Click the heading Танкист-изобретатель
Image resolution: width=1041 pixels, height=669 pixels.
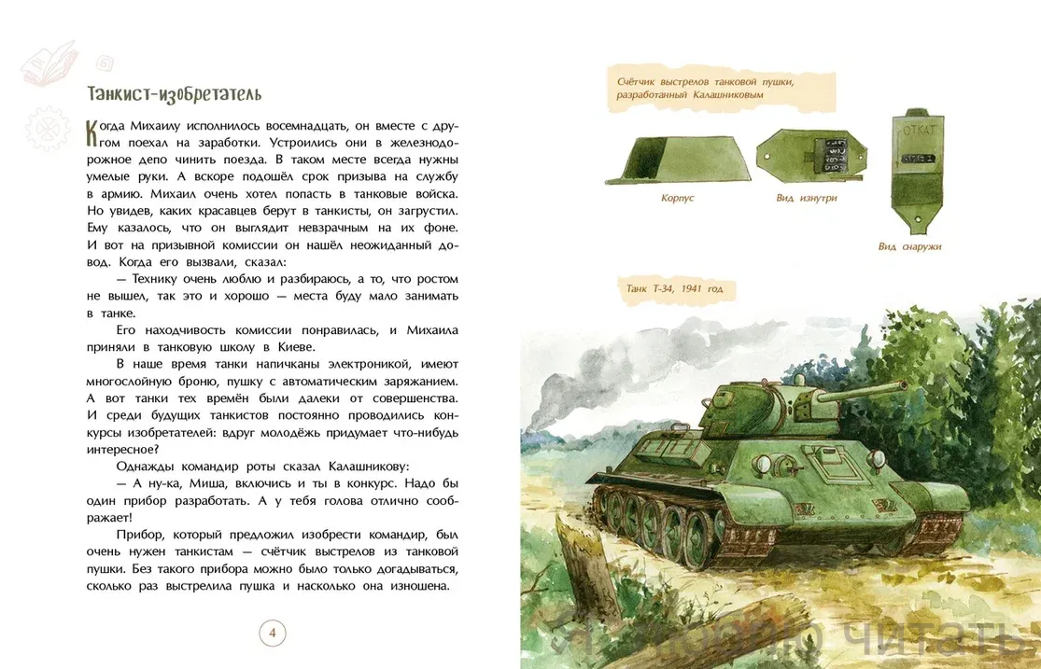click(x=174, y=94)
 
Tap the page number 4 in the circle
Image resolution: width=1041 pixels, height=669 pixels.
click(x=272, y=634)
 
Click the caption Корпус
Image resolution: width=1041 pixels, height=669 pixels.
click(x=677, y=198)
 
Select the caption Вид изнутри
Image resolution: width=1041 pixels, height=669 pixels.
click(x=806, y=198)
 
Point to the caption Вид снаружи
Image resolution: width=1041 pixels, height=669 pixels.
click(x=909, y=246)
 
